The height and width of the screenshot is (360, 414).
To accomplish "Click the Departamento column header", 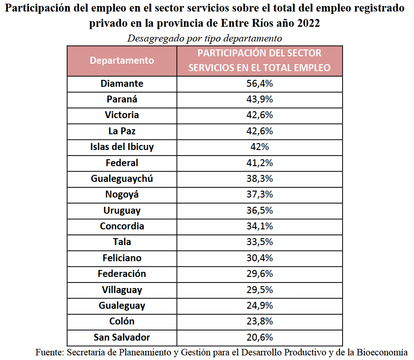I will (x=122, y=60).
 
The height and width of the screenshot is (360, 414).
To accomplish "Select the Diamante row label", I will (x=122, y=84).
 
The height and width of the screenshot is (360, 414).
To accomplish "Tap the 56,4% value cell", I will (x=260, y=84).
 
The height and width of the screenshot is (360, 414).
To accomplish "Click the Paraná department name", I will (x=122, y=99).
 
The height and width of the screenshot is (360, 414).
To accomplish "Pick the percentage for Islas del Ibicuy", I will (x=260, y=147).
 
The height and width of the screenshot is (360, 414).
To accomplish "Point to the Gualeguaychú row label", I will (x=122, y=179).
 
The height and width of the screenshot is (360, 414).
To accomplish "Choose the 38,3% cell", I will (x=260, y=179).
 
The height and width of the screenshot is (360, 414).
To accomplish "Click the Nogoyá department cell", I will (x=122, y=194).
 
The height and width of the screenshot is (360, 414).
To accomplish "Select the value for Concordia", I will (x=260, y=226).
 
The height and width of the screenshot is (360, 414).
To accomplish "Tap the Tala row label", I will (x=122, y=242).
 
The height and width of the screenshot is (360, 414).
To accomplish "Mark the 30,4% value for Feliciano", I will (x=260, y=258).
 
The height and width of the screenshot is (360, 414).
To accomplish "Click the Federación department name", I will (x=122, y=274).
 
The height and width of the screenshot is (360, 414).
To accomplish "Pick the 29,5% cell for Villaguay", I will (x=260, y=290).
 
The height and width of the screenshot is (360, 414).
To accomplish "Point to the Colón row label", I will (x=122, y=321).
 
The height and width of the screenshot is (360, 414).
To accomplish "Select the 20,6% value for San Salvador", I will (x=260, y=337).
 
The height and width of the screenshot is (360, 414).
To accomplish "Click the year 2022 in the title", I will (x=307, y=24).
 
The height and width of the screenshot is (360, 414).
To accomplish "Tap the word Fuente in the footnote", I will (x=49, y=352).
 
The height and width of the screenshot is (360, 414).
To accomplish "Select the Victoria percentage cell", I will (x=260, y=115).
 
